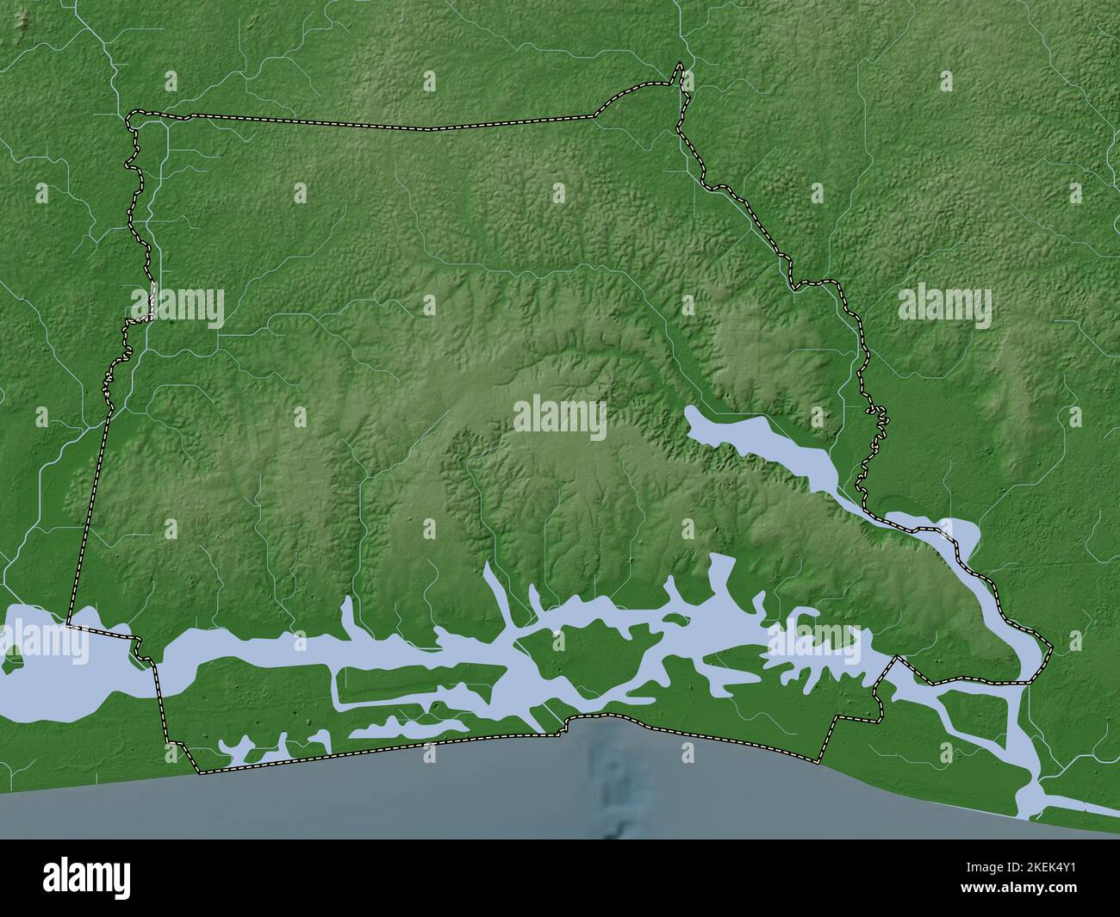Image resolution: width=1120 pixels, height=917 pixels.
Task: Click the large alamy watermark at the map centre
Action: coord(560,418)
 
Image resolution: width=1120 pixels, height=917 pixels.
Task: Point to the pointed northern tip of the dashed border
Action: coord(681,65)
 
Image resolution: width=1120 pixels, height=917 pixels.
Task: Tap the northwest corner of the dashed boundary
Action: coord(129,115)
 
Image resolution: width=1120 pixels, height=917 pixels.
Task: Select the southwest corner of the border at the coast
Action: coord(198,771)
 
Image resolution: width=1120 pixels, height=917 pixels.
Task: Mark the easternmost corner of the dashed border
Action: coord(1052,647)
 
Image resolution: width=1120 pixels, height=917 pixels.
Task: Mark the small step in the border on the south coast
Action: coord(568,724)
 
